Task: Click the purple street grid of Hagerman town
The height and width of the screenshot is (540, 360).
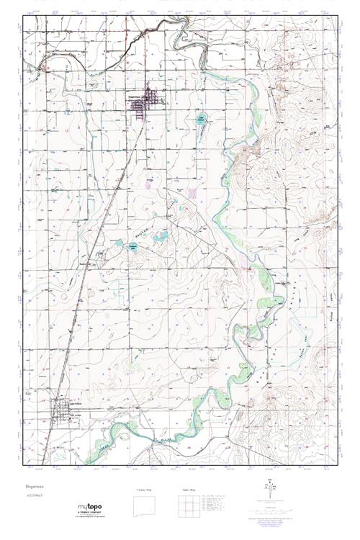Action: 150,100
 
